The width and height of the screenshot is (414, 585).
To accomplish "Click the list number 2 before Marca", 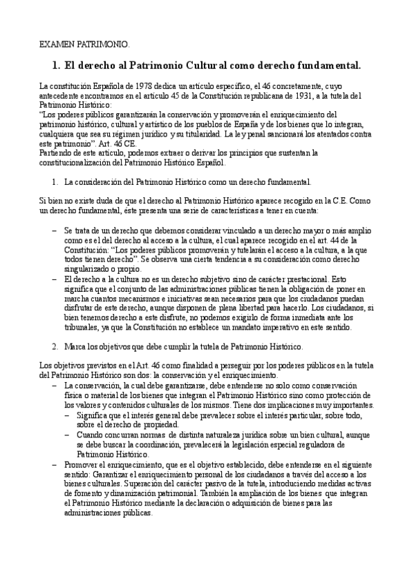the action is click(x=55, y=344).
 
